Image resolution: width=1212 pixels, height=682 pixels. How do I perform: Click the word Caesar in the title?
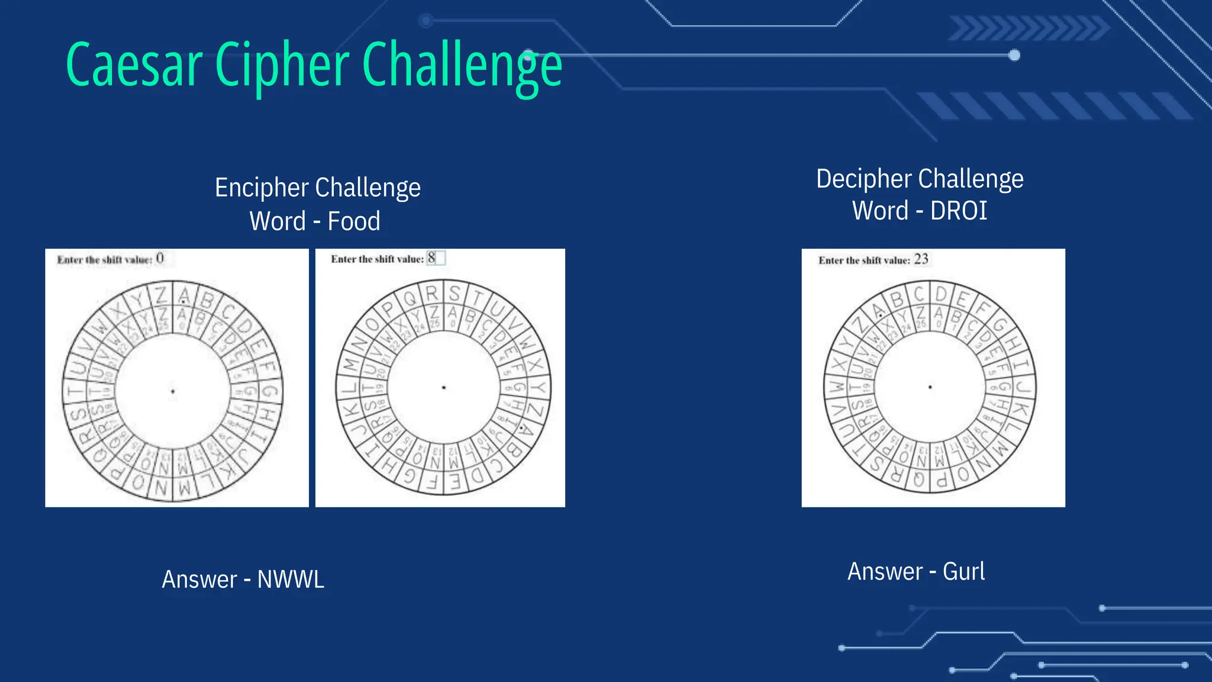click(134, 65)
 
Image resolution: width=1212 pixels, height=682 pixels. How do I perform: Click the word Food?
click(354, 221)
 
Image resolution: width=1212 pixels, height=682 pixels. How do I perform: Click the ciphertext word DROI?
click(958, 211)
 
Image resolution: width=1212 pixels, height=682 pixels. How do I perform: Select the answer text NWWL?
click(291, 580)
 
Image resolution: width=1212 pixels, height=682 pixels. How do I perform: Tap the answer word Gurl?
click(963, 572)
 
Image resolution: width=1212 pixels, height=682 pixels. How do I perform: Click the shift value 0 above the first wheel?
click(160, 259)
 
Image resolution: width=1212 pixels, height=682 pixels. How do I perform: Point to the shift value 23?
click(921, 259)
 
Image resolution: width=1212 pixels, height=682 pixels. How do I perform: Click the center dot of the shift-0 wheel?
click(173, 391)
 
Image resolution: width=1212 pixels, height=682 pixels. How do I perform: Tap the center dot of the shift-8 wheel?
click(444, 388)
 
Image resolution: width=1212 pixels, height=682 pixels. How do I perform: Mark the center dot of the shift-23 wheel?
click(930, 387)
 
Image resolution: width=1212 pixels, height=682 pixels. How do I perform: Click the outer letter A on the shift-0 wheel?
click(185, 295)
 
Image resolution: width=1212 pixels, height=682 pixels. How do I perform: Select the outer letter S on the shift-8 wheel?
click(454, 294)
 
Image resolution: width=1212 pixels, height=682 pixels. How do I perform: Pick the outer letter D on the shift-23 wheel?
click(941, 294)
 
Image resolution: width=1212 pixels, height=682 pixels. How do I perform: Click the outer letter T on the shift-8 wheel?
click(477, 298)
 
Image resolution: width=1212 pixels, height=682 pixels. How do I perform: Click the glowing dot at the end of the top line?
click(1014, 56)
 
